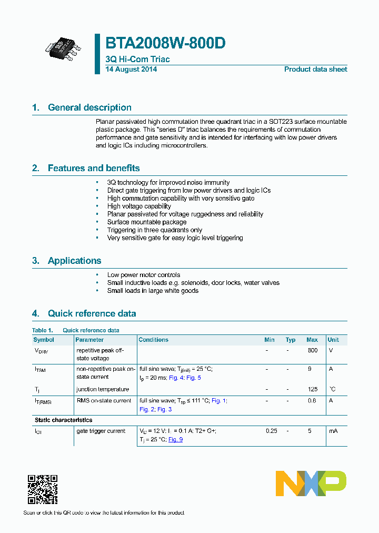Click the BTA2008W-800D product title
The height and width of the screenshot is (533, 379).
click(x=166, y=43)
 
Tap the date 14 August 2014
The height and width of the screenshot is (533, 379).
click(x=131, y=70)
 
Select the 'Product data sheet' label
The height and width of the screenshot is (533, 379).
click(x=315, y=70)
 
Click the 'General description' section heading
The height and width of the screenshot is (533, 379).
click(x=89, y=107)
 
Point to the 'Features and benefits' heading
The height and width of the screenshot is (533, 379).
click(x=94, y=168)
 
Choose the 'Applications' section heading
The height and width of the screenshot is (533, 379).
click(x=74, y=261)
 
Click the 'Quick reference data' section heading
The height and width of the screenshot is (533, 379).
click(x=92, y=313)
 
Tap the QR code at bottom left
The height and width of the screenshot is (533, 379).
click(x=42, y=489)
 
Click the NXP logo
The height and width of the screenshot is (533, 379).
click(x=311, y=483)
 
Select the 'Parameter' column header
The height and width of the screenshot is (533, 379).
click(x=89, y=340)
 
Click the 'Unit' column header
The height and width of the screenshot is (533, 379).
click(x=333, y=340)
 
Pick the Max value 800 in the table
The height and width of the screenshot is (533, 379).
click(x=312, y=350)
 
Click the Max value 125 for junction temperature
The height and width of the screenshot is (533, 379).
click(x=312, y=389)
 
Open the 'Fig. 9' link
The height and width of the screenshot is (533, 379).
click(x=175, y=439)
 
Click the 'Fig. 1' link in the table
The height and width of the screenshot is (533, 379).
click(x=218, y=401)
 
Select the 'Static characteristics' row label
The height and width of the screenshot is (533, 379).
click(x=63, y=420)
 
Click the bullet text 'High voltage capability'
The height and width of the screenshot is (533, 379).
click(x=139, y=206)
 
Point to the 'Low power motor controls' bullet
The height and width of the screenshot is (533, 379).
click(x=144, y=275)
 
